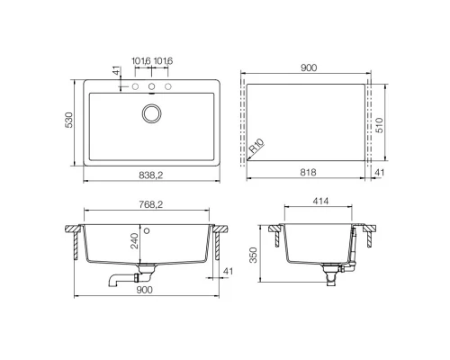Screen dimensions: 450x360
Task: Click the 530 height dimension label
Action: point(69,120)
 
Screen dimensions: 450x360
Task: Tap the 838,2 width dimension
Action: point(151,175)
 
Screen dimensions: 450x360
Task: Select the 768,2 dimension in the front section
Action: point(151,204)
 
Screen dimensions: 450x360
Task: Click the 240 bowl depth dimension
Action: point(135,241)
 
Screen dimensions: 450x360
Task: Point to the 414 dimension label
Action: point(320,201)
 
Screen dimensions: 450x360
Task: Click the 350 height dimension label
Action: point(254,255)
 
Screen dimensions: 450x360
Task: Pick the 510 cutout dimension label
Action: point(380,125)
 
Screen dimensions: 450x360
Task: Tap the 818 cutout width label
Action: point(308,172)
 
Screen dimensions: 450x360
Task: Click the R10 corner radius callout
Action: point(256,146)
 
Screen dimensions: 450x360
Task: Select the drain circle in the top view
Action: point(151,113)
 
